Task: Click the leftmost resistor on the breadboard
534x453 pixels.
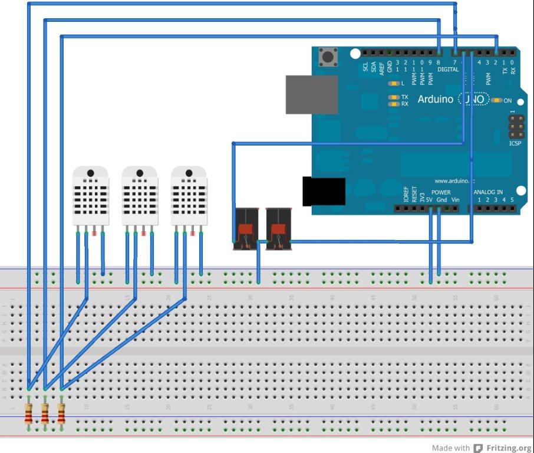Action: [x=28, y=412]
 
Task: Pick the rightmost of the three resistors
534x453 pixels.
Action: [x=61, y=412]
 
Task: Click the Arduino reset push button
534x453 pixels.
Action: [x=328, y=58]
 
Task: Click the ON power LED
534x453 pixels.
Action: [x=496, y=100]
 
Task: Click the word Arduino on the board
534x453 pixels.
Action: [x=436, y=99]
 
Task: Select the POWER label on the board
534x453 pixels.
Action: [x=441, y=192]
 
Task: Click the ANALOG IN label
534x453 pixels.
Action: [x=489, y=192]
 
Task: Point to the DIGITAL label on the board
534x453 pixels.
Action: [x=447, y=70]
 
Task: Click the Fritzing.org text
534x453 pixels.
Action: [x=509, y=448]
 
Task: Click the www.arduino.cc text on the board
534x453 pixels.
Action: [x=454, y=180]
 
